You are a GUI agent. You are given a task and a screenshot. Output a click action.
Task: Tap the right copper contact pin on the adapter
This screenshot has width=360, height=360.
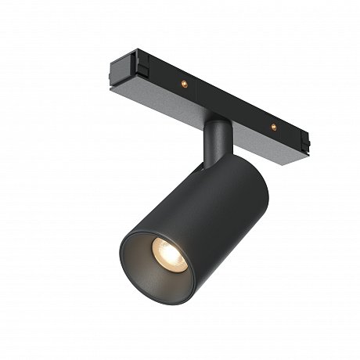pyautogui.click(x=274, y=125)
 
